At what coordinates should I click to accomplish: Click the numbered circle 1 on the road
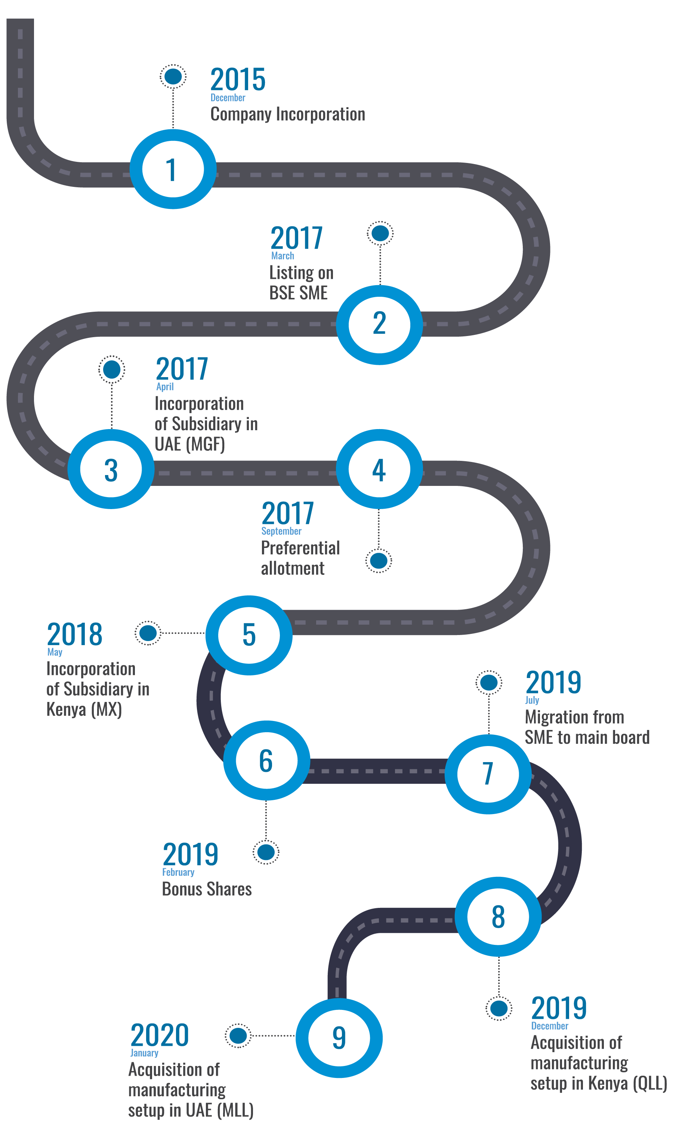pyautogui.click(x=172, y=169)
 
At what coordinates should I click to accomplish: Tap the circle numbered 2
pyautogui.click(x=379, y=324)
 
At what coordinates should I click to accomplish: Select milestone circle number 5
pyautogui.click(x=249, y=635)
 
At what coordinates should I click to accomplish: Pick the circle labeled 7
pyautogui.click(x=488, y=774)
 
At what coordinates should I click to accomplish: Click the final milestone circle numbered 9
pyautogui.click(x=339, y=1038)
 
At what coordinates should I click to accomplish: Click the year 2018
pyautogui.click(x=75, y=635)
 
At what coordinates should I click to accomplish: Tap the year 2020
pyautogui.click(x=160, y=1035)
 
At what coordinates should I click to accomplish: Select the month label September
pyautogui.click(x=281, y=531)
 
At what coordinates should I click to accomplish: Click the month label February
pyautogui.click(x=178, y=872)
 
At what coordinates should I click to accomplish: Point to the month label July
pyautogui.click(x=532, y=700)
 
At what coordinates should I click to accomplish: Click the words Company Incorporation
pyautogui.click(x=287, y=114)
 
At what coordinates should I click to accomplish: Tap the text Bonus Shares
pyautogui.click(x=207, y=889)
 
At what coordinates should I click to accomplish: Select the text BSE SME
pyautogui.click(x=299, y=293)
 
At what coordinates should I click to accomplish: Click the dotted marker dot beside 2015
pyautogui.click(x=173, y=76)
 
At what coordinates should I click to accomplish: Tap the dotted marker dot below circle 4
pyautogui.click(x=379, y=561)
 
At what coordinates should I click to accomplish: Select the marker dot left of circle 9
pyautogui.click(x=238, y=1035)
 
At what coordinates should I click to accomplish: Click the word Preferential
pyautogui.click(x=300, y=548)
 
